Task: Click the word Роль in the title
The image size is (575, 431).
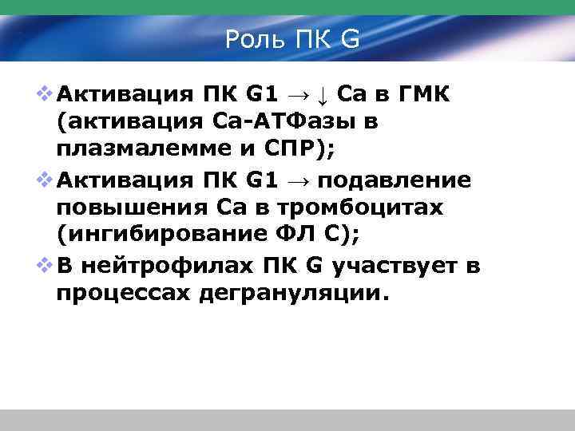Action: [252, 38]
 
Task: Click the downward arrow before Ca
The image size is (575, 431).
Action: [321, 97]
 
